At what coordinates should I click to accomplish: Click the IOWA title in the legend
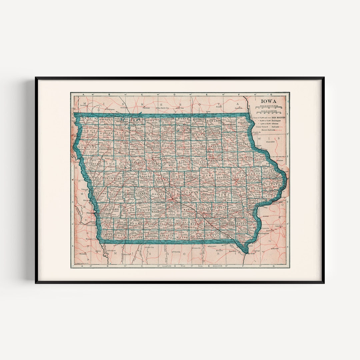pyautogui.click(x=268, y=101)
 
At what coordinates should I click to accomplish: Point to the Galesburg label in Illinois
pyautogui.click(x=280, y=226)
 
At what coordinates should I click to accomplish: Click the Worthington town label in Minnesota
pyautogui.click(x=111, y=109)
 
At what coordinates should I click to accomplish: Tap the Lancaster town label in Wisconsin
pyautogui.click(x=270, y=142)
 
